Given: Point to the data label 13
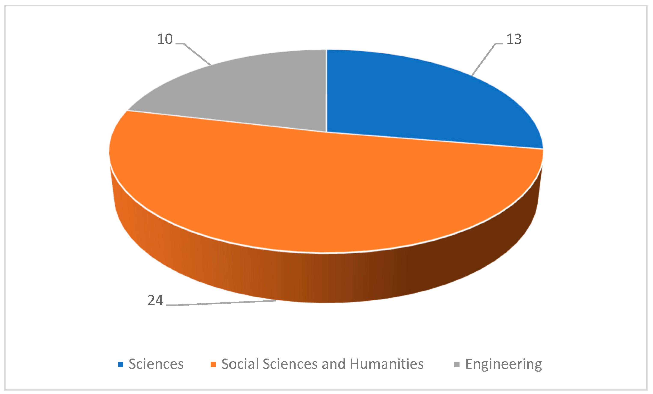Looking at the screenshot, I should (x=514, y=39).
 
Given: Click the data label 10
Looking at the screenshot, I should (x=165, y=39).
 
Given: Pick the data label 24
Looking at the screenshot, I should (x=155, y=300).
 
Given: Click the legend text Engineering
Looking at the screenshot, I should (x=504, y=364).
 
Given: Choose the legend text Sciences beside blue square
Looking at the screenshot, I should (x=156, y=364).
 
